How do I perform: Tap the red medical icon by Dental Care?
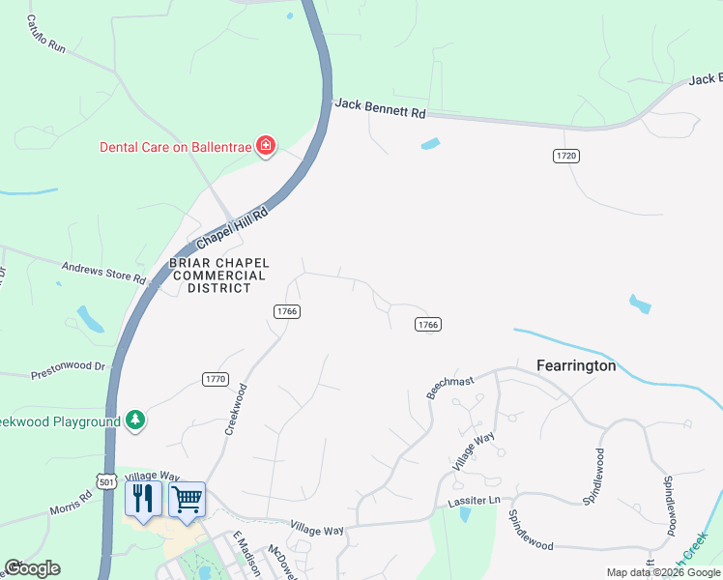pos(265,147)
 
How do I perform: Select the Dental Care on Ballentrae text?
pos(175,147)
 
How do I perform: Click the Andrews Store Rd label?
pos(103,273)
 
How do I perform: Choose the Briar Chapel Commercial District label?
pos(218,275)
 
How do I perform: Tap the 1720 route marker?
pos(566,156)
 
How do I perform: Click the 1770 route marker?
pos(215,378)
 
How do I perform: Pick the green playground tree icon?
pos(136,420)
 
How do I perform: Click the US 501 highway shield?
pos(106,480)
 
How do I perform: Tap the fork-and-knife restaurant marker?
pos(143,499)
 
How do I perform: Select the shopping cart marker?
pos(187,499)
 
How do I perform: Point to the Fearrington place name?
pos(576,366)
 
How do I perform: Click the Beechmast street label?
pos(449,389)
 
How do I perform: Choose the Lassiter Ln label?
pos(474,501)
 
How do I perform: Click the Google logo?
pos(32,568)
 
